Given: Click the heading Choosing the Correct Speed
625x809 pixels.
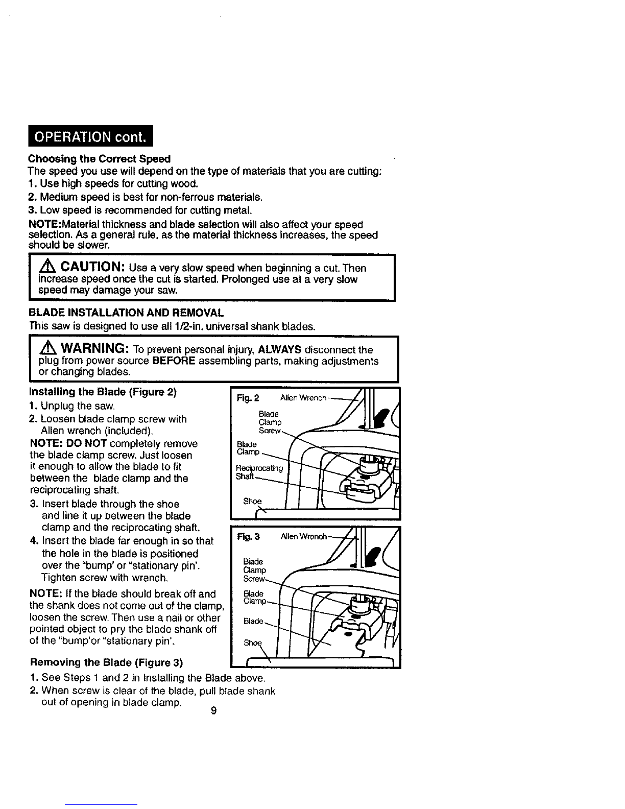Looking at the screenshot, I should [x=99, y=159].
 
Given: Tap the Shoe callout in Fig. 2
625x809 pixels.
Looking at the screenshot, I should [x=252, y=501].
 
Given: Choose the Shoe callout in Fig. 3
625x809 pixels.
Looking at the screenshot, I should [x=248, y=643].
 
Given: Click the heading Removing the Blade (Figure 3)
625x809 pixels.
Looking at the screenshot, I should [x=107, y=663].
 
